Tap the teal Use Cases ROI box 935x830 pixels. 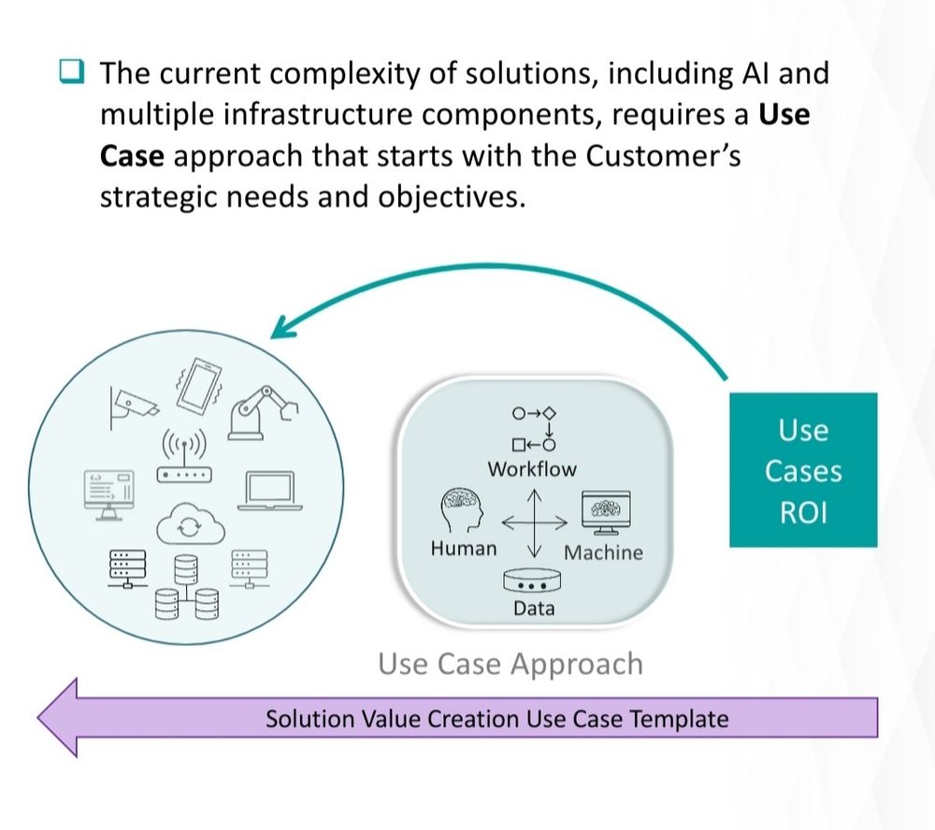click(803, 470)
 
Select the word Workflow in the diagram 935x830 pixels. click(532, 469)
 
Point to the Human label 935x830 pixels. click(464, 549)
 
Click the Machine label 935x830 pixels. click(603, 552)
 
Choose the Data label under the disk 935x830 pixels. click(534, 608)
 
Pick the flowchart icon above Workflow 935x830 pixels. click(534, 428)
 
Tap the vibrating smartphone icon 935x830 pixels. click(194, 385)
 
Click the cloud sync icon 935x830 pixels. click(187, 527)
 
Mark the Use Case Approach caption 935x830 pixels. click(511, 664)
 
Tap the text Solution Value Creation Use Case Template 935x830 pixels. click(496, 719)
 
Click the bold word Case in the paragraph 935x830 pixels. click(132, 156)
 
